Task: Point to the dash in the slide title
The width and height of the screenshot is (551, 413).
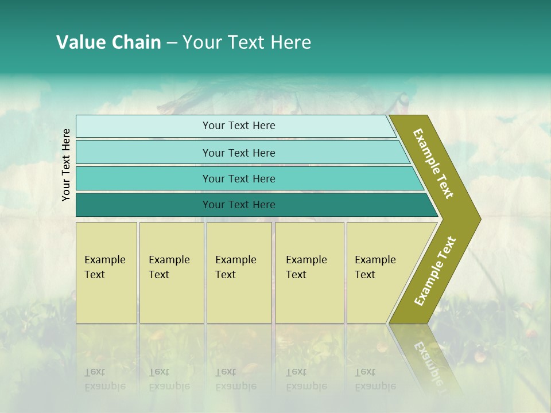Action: point(172,43)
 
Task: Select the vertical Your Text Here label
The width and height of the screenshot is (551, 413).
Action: point(66,165)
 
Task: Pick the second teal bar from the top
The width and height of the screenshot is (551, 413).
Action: point(239,153)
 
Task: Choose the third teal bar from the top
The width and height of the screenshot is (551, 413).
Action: point(239,178)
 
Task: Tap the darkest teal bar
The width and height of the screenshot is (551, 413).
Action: point(239,205)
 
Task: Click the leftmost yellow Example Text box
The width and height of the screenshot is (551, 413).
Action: point(106,272)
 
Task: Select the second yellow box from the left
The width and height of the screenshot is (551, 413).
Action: point(171,272)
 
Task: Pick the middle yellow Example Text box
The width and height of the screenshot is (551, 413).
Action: point(239,272)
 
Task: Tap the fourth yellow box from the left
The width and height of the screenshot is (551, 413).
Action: point(309,272)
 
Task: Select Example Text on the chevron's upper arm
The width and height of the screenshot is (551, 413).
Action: point(433,163)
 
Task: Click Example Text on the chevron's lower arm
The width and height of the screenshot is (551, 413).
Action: point(435,271)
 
